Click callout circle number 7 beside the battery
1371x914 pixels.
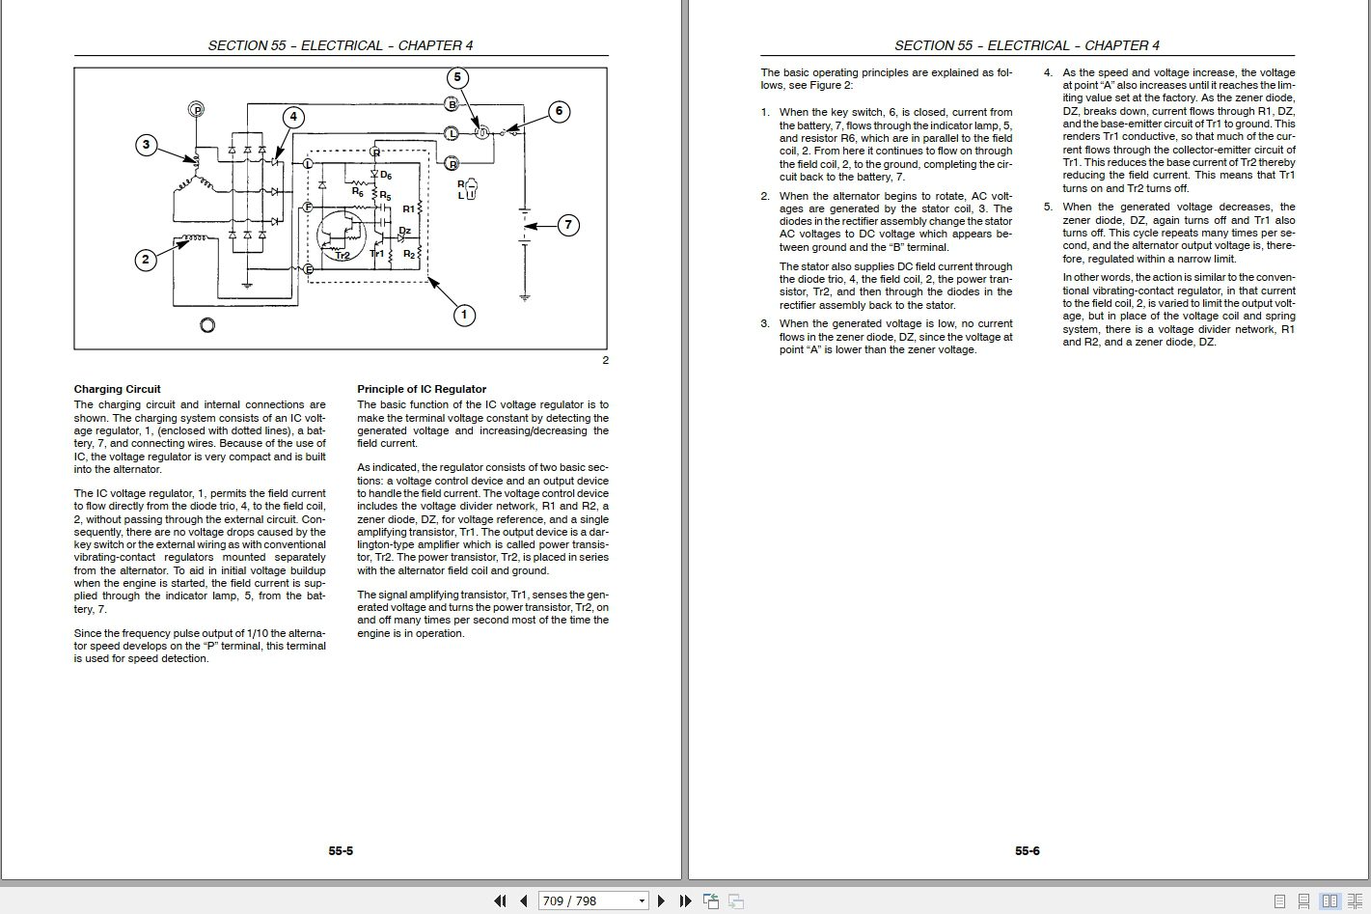coord(568,226)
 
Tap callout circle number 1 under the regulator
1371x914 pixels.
coord(464,315)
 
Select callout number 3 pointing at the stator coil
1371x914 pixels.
coord(146,146)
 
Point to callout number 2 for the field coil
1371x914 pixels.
coord(146,259)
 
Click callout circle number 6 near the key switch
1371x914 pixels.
coord(559,111)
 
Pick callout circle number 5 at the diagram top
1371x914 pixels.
coord(457,78)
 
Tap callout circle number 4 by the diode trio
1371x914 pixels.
coord(293,118)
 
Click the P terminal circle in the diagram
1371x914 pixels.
coord(198,110)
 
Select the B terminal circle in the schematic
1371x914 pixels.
coord(452,103)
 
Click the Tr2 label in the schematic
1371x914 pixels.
coord(343,255)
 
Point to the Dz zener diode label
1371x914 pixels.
coord(404,231)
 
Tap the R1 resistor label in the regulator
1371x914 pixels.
coord(408,208)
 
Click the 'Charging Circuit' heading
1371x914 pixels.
coord(118,390)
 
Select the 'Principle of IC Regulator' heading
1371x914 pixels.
coord(422,390)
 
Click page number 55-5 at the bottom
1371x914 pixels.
coord(341,851)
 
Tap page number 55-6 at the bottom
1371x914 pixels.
coord(1027,851)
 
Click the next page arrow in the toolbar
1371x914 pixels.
coord(661,901)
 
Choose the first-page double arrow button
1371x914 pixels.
coord(500,901)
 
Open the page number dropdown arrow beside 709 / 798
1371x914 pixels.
coord(642,901)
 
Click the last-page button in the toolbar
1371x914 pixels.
coord(685,901)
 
